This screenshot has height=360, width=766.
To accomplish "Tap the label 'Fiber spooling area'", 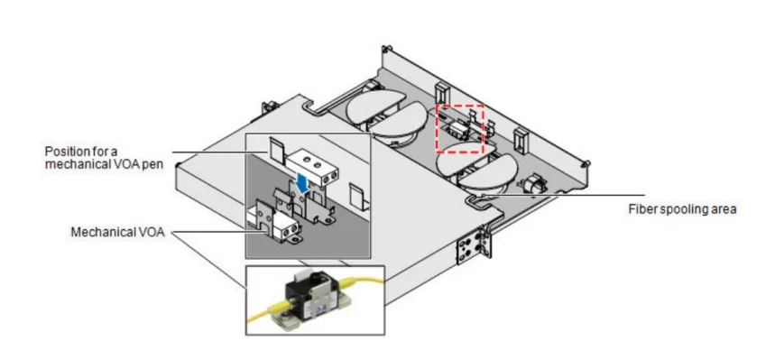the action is point(682,209).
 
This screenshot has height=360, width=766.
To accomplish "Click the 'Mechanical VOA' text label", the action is point(117,232).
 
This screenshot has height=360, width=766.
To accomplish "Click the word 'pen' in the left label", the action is point(152,164).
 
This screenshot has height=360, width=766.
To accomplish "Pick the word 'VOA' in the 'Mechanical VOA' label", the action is point(152,232).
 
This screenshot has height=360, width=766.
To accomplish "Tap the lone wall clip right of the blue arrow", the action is point(356,196).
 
